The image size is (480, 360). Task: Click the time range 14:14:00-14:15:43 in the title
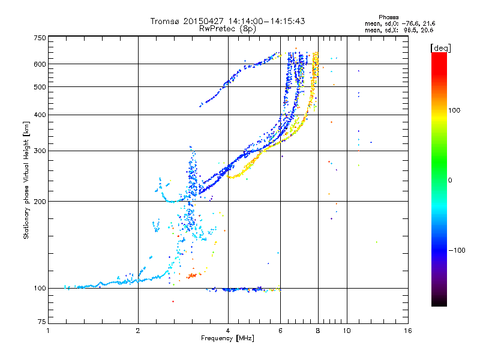coord(266,21)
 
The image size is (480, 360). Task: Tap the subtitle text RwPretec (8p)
coord(227,29)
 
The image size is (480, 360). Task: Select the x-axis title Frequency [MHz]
coord(227,338)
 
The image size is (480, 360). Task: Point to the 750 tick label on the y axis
coord(40,38)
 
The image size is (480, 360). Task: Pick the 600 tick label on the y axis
coord(40,64)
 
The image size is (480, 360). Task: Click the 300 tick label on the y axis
coord(40,151)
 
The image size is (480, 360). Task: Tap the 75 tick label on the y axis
coord(42,322)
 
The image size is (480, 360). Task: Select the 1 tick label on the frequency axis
coord(48,331)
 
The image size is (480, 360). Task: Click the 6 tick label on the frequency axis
coord(280,331)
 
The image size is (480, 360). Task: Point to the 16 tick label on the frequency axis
coord(408,331)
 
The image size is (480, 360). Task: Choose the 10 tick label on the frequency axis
coord(347,331)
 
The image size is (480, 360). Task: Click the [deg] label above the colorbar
coord(440,49)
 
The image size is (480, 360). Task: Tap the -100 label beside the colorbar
coord(457,250)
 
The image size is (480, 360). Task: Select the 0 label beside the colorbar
coord(450,181)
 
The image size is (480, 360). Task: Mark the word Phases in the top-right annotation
coord(388,17)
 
